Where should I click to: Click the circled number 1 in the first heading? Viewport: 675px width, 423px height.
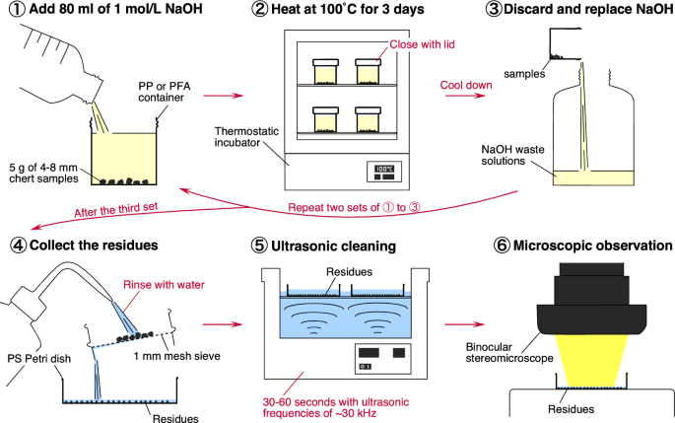pos(18,10)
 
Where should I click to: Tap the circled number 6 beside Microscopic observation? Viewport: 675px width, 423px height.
pos(502,246)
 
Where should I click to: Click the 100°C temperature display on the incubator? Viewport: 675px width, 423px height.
pos(384,169)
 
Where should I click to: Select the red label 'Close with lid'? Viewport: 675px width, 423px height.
pos(422,44)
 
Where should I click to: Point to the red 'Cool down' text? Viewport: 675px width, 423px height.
pos(466,85)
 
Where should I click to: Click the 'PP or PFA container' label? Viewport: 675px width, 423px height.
pos(164,92)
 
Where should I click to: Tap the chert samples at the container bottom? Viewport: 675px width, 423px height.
pos(124,181)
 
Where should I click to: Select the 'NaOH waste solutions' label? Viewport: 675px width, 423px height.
pos(512,155)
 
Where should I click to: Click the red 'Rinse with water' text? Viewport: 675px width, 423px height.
pos(164,285)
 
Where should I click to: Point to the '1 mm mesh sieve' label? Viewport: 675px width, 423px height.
pos(177,356)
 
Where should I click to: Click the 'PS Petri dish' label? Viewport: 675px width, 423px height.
pos(39,358)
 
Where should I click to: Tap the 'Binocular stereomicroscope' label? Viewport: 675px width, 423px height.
pos(509,352)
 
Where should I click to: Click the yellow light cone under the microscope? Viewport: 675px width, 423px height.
pos(591,361)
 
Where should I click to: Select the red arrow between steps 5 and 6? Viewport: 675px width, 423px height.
pos(464,324)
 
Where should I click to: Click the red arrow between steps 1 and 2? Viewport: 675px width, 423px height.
pos(224,96)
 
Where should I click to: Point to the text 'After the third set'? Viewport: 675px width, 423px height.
pos(116,210)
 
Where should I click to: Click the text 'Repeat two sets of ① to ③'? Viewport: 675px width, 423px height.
pos(354,208)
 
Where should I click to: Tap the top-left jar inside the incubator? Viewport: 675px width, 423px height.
pos(325,72)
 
